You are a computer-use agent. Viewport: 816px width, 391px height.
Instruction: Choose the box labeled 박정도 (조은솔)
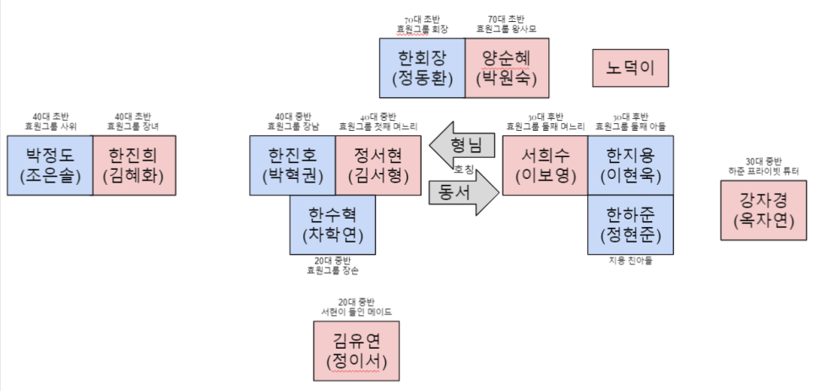point(50,166)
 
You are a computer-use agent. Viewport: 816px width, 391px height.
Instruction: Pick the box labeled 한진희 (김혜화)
point(135,166)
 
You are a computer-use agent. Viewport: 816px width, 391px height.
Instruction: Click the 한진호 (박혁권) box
point(292,166)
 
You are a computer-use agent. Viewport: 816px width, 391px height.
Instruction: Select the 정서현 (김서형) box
point(378,166)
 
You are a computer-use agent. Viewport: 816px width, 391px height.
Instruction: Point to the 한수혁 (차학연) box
point(333,225)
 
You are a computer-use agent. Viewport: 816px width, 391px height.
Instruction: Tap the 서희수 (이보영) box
point(545,166)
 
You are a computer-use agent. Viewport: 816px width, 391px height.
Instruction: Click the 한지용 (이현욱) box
point(631,166)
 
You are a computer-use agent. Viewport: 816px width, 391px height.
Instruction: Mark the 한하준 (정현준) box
point(631,225)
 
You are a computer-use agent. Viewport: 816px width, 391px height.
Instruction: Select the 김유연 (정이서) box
point(356,351)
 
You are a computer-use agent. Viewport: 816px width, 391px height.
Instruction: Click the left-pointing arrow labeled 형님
point(460,144)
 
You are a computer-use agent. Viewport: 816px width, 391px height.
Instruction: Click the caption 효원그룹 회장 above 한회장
point(422,30)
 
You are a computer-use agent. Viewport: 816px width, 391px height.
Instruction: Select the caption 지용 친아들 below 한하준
point(630,261)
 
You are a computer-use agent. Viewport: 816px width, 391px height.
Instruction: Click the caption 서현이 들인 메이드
point(356,312)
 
